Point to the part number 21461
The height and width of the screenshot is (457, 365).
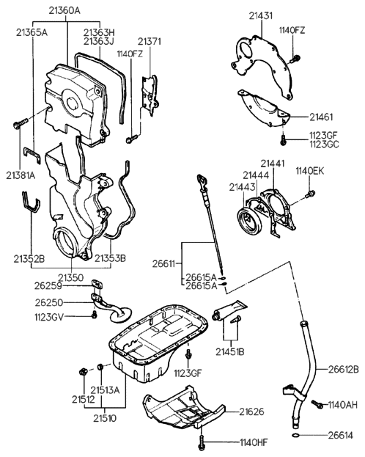pos(321,116)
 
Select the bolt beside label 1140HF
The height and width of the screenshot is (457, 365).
pos(201,442)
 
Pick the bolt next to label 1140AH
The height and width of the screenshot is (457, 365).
pos(317,403)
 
